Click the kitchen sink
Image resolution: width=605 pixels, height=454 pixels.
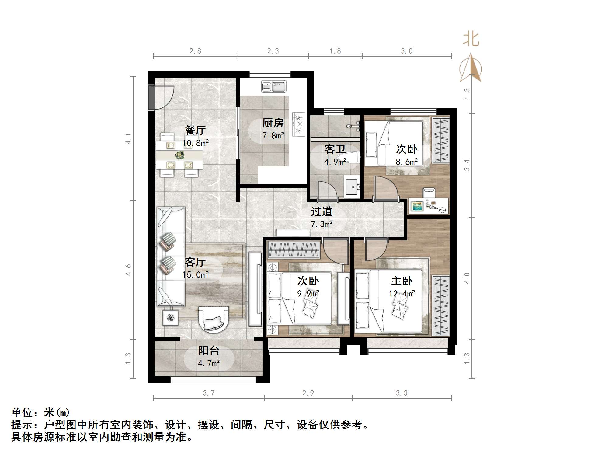(x=274, y=86)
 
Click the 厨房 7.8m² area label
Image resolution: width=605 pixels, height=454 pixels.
(x=273, y=129)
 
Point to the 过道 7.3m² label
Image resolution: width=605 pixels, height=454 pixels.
(x=322, y=218)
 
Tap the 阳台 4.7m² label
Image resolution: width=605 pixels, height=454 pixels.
(x=209, y=357)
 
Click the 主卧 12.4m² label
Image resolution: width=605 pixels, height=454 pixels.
(x=402, y=287)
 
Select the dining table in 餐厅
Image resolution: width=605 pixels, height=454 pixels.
(x=179, y=155)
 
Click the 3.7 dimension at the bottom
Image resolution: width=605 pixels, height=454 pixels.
(x=209, y=393)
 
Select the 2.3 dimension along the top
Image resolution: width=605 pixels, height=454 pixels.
(x=273, y=51)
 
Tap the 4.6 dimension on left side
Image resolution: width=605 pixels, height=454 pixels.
(x=128, y=270)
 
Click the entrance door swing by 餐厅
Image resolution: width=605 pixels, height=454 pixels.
(x=163, y=97)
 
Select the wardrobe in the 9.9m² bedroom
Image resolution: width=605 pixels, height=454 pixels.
(x=294, y=250)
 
